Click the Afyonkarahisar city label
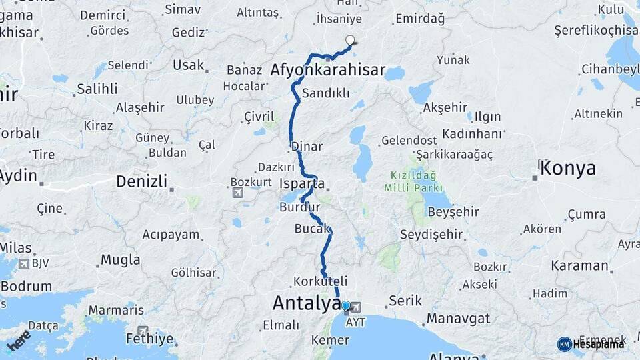click(328, 70)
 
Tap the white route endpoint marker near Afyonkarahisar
click(350, 41)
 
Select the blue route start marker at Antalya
click(345, 306)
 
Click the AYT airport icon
click(356, 307)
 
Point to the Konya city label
click(568, 168)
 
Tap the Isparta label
click(303, 183)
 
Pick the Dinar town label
click(307, 147)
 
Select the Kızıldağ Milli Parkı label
click(409, 181)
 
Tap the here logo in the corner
click(18, 340)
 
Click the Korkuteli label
click(321, 281)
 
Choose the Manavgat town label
click(459, 317)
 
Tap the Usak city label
click(188, 65)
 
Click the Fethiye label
click(151, 339)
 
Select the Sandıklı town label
click(326, 93)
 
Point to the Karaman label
click(579, 265)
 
